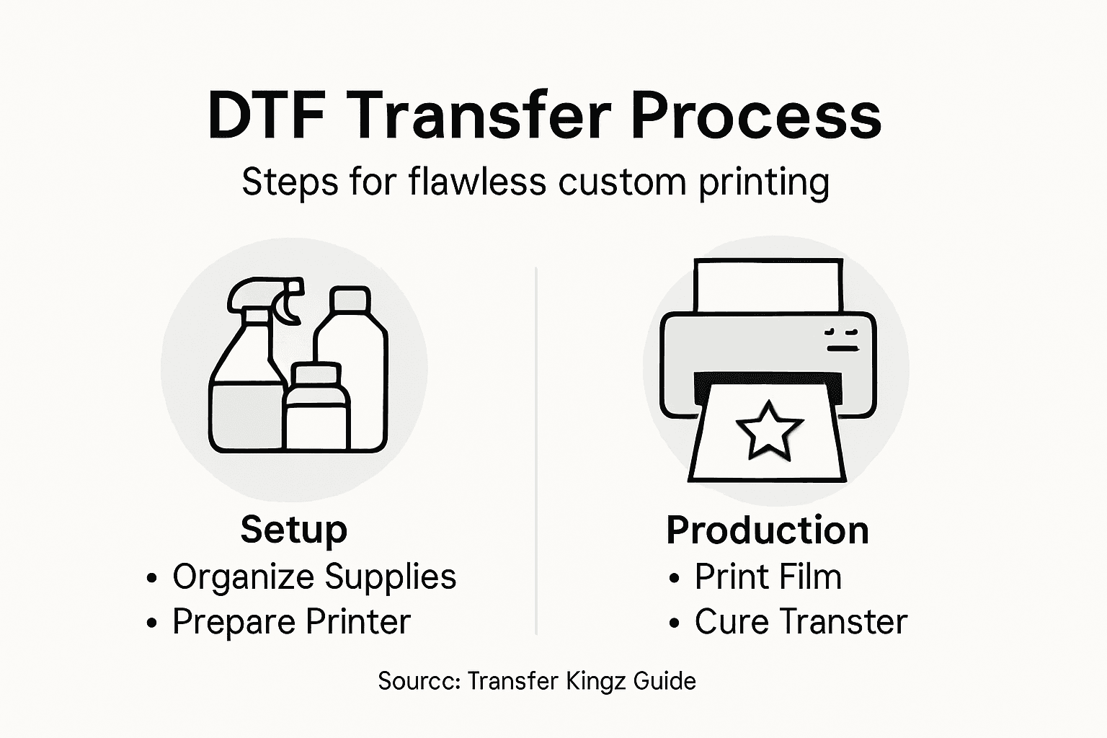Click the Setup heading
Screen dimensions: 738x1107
tap(293, 530)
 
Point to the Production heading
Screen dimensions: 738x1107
tap(768, 530)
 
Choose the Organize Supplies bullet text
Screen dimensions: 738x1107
tap(314, 577)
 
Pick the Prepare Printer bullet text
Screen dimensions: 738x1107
tap(291, 622)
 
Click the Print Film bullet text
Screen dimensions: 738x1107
tap(768, 577)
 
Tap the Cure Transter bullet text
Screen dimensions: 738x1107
tap(801, 622)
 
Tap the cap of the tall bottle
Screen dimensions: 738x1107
tap(350, 300)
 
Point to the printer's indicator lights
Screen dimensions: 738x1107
tap(843, 339)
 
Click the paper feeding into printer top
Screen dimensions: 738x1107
tap(768, 285)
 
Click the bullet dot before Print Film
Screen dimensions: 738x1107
tap(674, 578)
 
